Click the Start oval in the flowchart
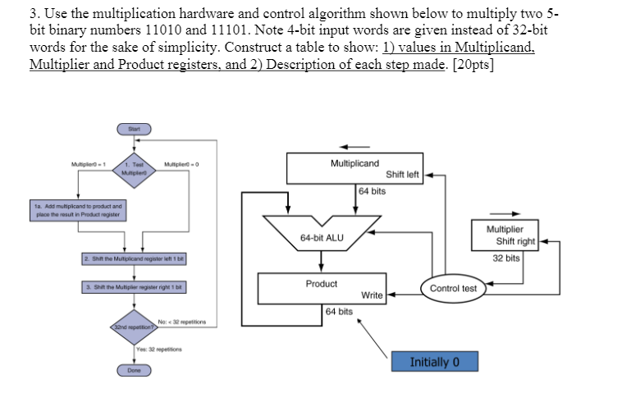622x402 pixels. [134, 129]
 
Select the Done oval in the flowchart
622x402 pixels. [134, 370]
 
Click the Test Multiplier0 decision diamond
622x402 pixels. [134, 169]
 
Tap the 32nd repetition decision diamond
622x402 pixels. [134, 326]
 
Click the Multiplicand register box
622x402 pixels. [354, 169]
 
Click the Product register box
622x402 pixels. [322, 288]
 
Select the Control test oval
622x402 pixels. [453, 289]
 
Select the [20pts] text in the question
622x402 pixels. [474, 66]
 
